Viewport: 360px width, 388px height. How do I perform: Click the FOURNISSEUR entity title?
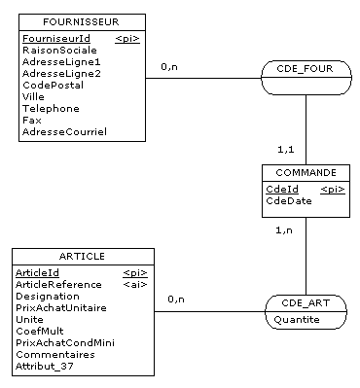[82, 22]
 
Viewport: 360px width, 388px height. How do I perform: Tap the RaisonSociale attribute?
[58, 50]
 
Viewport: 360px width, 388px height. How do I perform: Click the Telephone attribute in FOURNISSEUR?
[50, 108]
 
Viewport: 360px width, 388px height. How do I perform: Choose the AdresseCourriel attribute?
[63, 131]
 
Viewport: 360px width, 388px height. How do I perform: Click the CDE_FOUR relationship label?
[306, 69]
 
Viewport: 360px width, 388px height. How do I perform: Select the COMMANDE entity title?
[306, 172]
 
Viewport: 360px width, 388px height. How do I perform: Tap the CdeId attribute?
[281, 190]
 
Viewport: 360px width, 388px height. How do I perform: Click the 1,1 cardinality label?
[286, 151]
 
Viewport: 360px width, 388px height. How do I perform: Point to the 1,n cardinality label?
[282, 230]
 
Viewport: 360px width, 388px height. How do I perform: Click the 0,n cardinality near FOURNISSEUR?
[169, 66]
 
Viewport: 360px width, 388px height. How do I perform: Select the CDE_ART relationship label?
[306, 302]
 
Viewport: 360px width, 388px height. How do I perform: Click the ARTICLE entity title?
[82, 257]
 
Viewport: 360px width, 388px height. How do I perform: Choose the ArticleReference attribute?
[58, 285]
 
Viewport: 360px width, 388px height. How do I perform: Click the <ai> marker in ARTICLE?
[135, 285]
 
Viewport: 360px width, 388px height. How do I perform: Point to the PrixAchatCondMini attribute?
[64, 343]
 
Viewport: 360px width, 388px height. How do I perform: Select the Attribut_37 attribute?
[43, 367]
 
